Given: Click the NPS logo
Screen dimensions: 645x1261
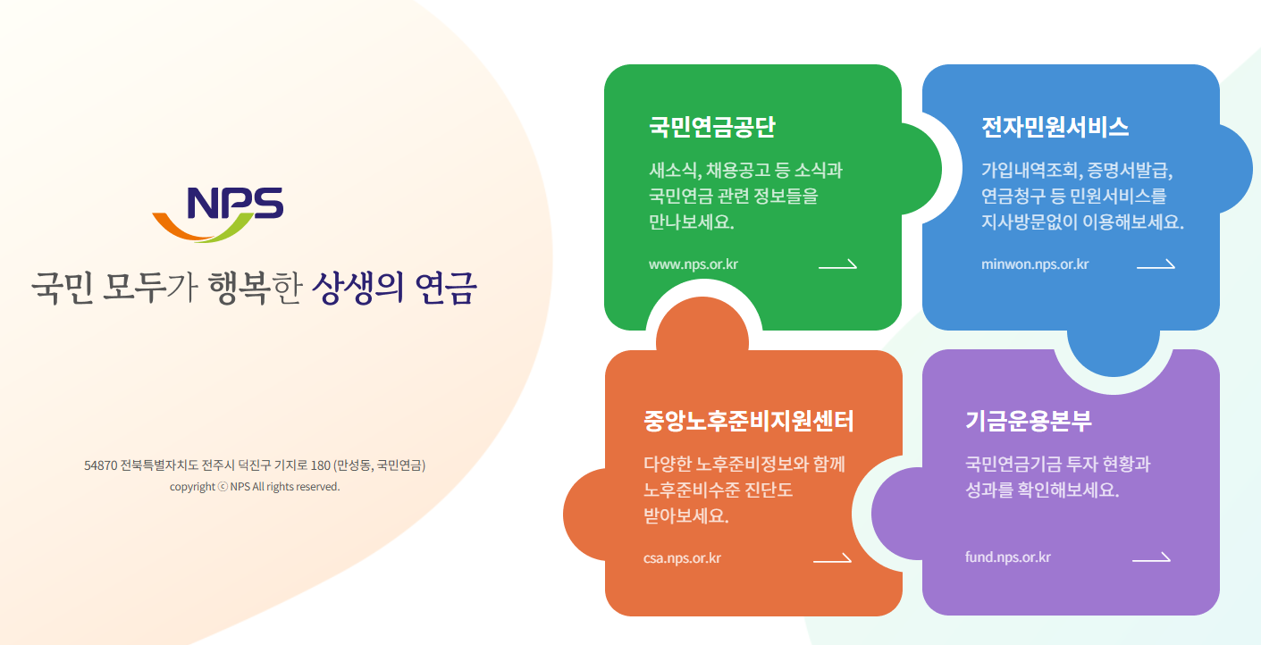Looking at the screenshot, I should click(x=218, y=214).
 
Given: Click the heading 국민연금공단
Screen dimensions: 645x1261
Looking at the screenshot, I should click(x=712, y=127).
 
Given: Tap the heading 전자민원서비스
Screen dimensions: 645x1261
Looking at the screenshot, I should click(x=1055, y=127).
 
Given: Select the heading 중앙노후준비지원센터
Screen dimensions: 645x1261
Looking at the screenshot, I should click(x=749, y=421).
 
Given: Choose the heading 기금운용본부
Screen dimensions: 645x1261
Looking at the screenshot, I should click(x=1029, y=421).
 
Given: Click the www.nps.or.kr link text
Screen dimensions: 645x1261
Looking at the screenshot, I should click(x=694, y=264).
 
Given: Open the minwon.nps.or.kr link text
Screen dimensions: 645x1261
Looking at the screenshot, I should click(x=1035, y=264).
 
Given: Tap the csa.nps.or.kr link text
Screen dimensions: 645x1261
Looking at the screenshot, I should click(x=682, y=558).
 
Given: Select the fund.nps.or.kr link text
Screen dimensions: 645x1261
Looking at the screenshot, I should click(x=1008, y=558).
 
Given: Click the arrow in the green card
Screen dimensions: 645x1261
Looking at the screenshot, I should click(x=837, y=264).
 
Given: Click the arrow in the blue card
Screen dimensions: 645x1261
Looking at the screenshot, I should click(x=1156, y=264).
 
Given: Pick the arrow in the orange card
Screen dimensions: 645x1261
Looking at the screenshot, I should click(x=832, y=559).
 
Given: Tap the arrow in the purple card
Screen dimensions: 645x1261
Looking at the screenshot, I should click(x=1151, y=558).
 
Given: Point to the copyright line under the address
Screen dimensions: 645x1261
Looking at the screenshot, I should click(x=255, y=487).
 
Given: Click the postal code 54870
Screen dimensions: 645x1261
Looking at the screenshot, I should click(x=100, y=465).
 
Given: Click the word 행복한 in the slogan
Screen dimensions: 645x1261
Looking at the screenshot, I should click(x=255, y=289).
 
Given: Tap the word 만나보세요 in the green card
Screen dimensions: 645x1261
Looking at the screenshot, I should click(x=692, y=222).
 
